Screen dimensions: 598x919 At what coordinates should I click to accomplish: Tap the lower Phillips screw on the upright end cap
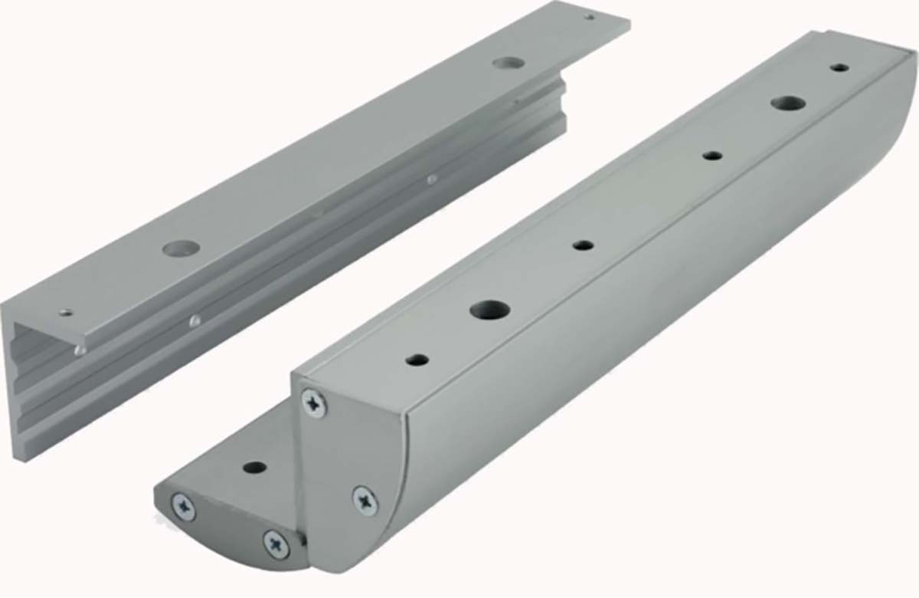click(x=365, y=500)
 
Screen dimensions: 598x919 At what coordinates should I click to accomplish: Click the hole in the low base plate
click(x=254, y=467)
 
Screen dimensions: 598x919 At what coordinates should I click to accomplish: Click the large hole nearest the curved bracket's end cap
click(x=490, y=310)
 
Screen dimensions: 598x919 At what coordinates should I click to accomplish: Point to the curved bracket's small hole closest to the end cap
click(x=417, y=359)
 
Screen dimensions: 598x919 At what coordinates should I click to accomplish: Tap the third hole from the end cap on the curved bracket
click(x=584, y=245)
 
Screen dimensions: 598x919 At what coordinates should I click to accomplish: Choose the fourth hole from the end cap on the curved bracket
click(x=712, y=156)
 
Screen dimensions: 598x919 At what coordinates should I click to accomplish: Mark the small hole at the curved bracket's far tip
click(x=840, y=67)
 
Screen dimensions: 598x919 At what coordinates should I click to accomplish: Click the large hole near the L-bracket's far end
click(x=505, y=62)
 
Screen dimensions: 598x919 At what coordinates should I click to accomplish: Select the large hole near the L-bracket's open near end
click(x=182, y=248)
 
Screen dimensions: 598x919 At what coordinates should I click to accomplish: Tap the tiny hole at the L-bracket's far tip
click(x=589, y=15)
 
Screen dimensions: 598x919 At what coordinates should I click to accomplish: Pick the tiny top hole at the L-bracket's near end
click(x=67, y=313)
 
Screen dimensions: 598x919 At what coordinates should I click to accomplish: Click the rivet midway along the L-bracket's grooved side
click(x=432, y=179)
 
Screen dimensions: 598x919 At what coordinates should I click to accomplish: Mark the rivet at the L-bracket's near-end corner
click(x=80, y=350)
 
